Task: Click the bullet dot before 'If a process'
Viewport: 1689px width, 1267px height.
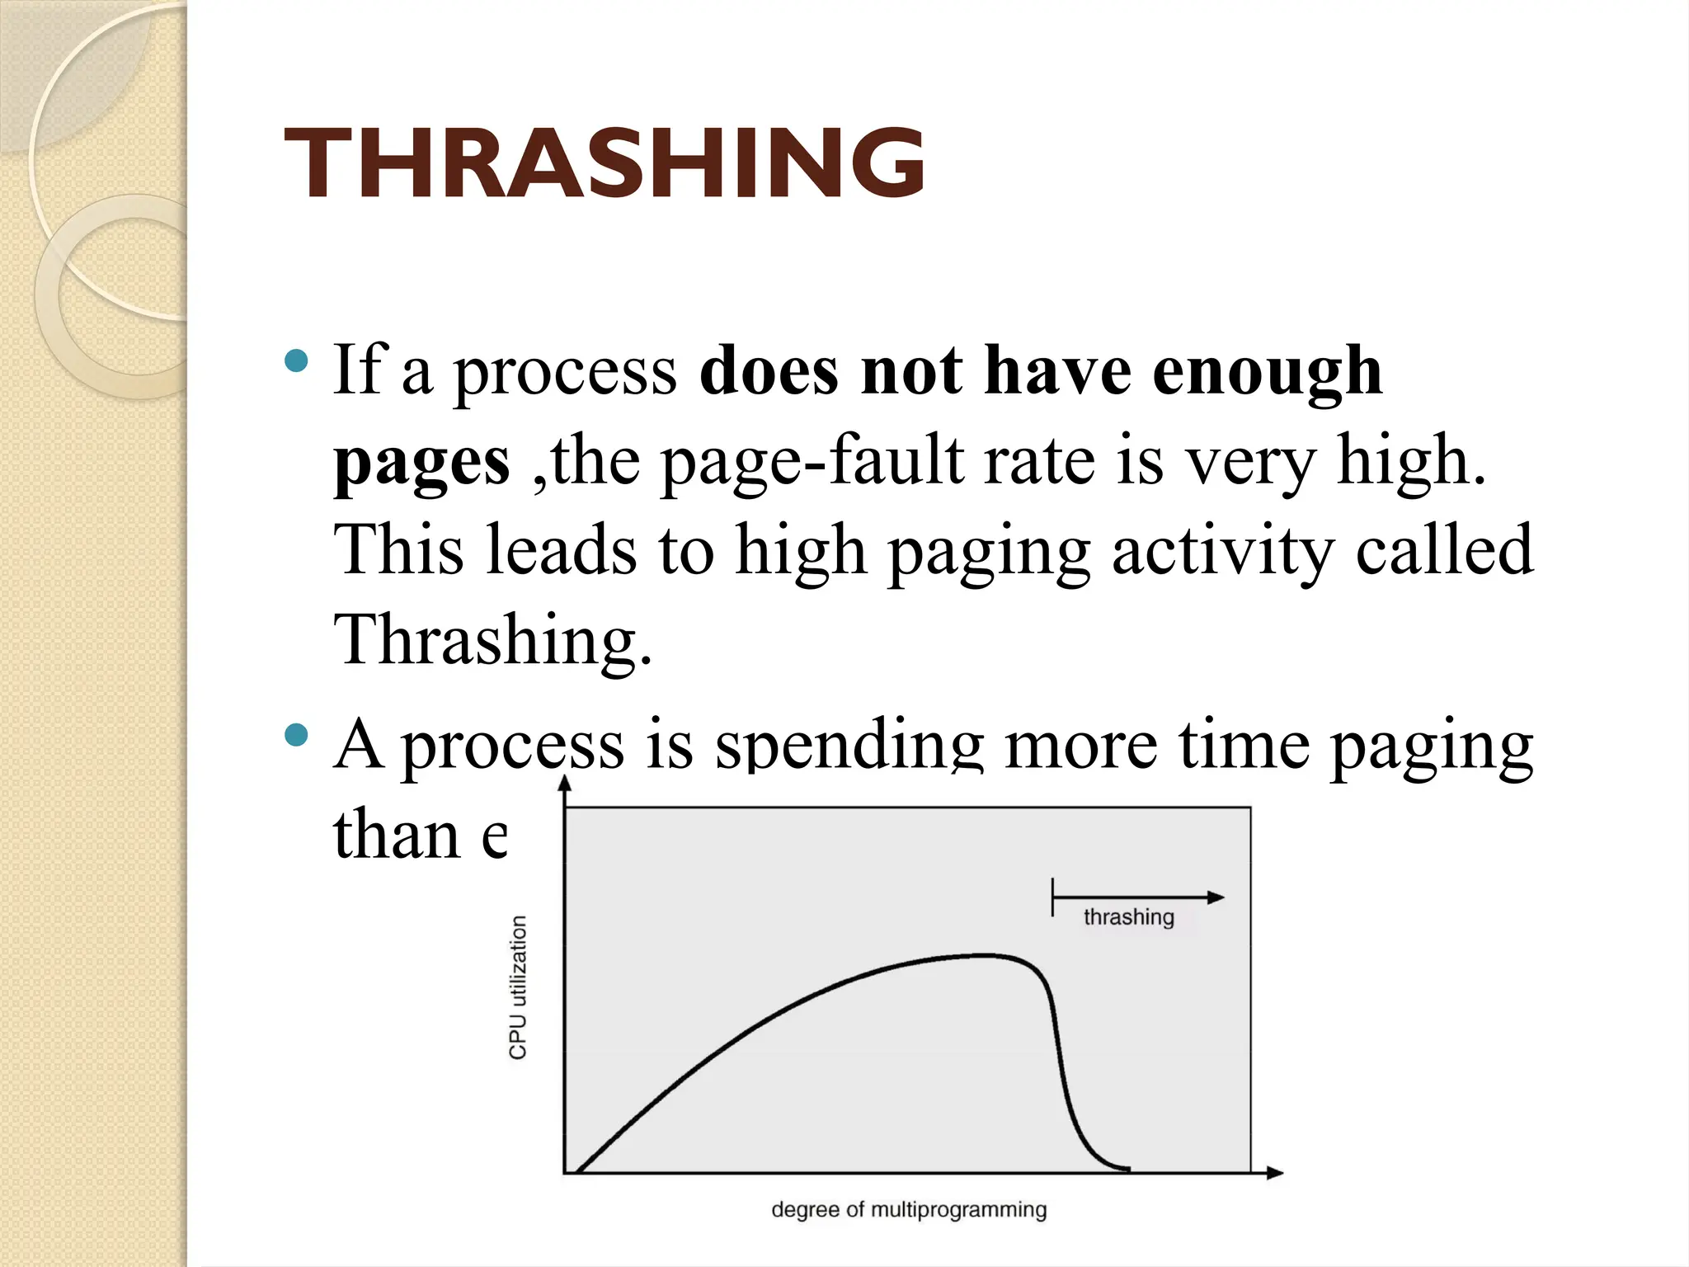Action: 295,360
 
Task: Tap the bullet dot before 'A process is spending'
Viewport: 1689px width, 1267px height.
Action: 295,734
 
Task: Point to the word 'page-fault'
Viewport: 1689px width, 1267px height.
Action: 812,462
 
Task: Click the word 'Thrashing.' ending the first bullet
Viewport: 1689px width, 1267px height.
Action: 492,640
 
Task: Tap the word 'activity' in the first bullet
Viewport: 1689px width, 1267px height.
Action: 1222,550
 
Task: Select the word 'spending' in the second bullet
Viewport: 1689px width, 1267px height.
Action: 849,744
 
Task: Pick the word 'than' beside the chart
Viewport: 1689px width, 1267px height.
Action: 397,835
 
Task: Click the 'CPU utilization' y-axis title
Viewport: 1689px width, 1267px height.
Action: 518,987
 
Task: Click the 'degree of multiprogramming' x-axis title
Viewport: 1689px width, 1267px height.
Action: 909,1210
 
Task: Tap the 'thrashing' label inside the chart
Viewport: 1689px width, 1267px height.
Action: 1128,917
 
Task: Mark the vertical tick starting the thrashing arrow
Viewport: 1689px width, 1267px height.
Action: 1053,897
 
